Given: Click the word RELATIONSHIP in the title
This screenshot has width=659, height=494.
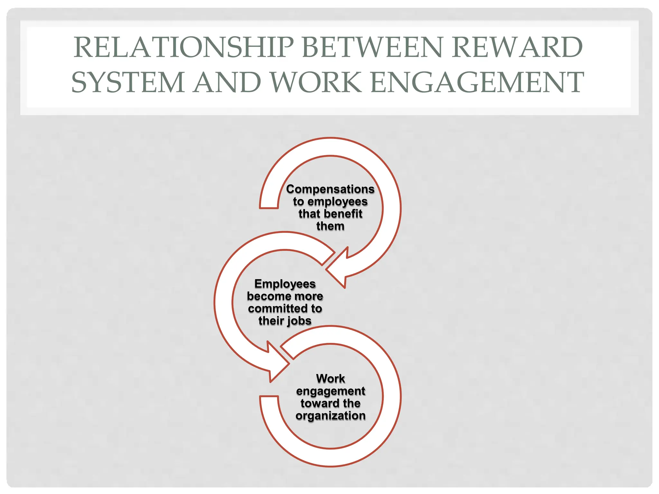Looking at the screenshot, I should tap(183, 47).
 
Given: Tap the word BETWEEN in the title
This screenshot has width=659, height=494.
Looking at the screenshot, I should tap(372, 47).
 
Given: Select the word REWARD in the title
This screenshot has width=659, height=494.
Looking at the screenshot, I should tap(517, 47).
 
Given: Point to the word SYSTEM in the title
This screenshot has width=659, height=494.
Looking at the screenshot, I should tap(128, 82).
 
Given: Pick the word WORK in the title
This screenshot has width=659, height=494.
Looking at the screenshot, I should tap(316, 82).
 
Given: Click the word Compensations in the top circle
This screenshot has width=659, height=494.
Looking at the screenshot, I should tap(330, 189).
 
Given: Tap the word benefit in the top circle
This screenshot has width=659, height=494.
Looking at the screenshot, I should tap(344, 214).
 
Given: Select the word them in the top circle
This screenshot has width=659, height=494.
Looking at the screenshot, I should tap(330, 226).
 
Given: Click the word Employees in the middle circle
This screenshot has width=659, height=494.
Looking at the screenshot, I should tap(285, 284).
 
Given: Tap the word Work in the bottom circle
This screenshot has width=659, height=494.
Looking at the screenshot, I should tap(330, 379).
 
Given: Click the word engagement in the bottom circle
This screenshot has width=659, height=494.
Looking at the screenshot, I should tap(330, 391).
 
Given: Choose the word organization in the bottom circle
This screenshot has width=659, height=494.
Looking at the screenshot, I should tap(330, 416).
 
